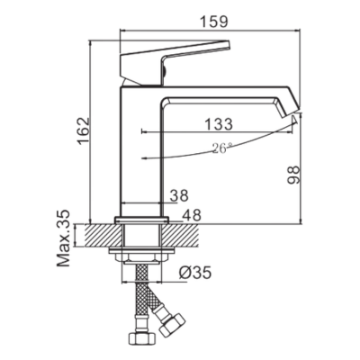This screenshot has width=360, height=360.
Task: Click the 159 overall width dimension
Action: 214,22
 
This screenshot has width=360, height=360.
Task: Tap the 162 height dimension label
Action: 83,131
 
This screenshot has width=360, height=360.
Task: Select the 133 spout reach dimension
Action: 219,124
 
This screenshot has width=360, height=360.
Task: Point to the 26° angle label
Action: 222,148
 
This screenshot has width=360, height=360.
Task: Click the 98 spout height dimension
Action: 293,175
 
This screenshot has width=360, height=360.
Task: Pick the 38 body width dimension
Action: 179,195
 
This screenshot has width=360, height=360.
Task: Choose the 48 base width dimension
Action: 192,215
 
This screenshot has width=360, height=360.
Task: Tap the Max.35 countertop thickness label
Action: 63,238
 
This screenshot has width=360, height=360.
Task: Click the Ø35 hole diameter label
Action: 195,273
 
